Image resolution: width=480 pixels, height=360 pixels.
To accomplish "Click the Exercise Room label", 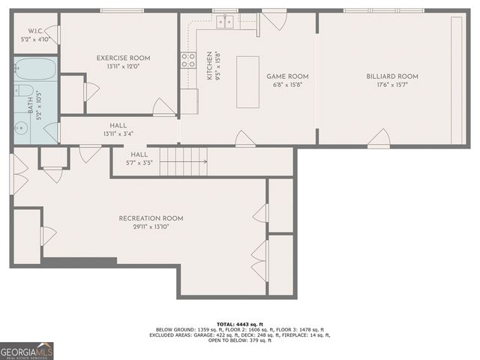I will pos(123,58).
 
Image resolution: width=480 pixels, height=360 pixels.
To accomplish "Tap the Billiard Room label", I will pos(392,76).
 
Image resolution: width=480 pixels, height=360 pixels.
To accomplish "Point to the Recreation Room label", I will pos(151,218).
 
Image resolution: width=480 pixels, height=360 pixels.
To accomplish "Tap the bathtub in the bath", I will pos(34,70).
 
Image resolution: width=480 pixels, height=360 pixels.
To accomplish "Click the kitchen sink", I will pos(225,22).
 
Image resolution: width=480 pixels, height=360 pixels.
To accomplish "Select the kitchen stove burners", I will pos(188,60).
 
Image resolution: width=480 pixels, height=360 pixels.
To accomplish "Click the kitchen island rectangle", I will pos(247,82).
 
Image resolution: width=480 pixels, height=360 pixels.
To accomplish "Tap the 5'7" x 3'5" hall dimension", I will pos(139,162).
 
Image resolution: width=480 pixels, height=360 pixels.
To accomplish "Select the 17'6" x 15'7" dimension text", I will pos(392,85).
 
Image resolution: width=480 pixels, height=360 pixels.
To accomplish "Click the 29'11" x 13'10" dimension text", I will pos(151,227).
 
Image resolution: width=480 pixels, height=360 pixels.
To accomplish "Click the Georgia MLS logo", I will pos(27,350).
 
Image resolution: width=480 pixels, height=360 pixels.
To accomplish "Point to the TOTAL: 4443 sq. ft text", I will pos(240,324).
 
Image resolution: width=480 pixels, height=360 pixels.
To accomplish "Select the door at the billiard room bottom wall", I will pos(379,139).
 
